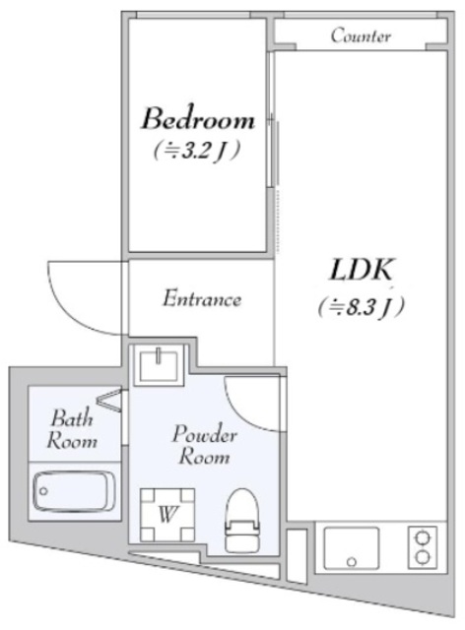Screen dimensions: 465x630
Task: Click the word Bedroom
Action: click(x=198, y=118)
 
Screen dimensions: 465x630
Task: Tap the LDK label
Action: click(x=361, y=270)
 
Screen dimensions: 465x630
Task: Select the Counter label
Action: click(x=361, y=35)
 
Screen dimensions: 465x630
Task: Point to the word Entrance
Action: click(x=202, y=298)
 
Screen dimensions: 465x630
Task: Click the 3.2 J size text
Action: click(x=197, y=151)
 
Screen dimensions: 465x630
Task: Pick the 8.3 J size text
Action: click(x=362, y=308)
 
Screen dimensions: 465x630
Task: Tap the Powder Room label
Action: click(x=204, y=445)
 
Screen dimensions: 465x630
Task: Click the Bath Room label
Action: click(x=72, y=429)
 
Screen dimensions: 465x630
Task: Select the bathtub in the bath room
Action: click(x=71, y=492)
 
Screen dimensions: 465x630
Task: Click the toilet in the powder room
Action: click(x=241, y=521)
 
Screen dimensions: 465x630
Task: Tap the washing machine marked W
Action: click(x=167, y=515)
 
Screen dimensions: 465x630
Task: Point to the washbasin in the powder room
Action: click(x=159, y=365)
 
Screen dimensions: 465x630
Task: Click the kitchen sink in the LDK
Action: click(x=351, y=548)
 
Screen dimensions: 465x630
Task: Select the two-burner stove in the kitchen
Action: click(x=422, y=547)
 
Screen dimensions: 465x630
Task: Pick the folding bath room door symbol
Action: click(x=109, y=400)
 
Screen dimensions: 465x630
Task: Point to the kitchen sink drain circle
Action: click(x=352, y=561)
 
